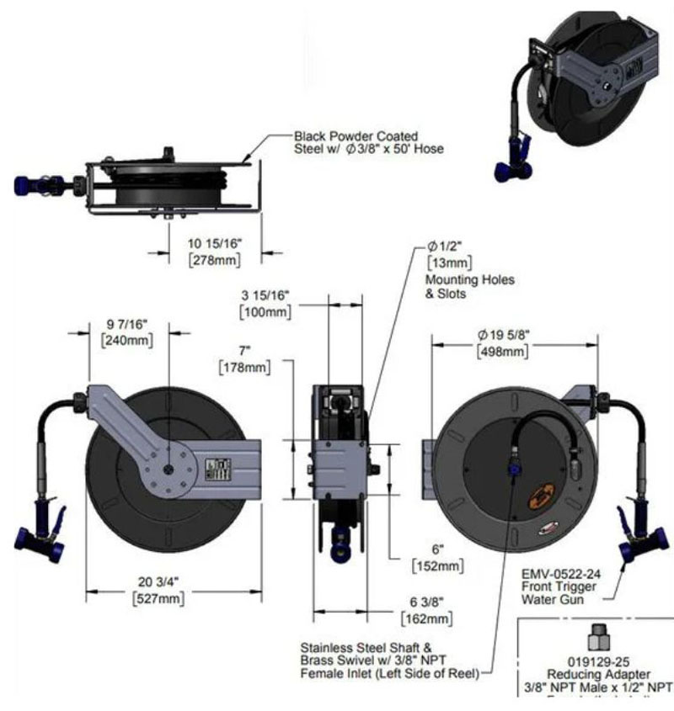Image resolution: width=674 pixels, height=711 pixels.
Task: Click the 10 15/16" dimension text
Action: pyautogui.click(x=214, y=243)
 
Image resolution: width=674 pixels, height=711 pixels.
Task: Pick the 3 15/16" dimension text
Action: pyautogui.click(x=264, y=295)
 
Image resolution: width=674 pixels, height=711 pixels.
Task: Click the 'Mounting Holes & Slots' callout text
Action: pyautogui.click(x=469, y=287)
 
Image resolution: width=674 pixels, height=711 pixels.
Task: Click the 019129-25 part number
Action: pyautogui.click(x=596, y=663)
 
